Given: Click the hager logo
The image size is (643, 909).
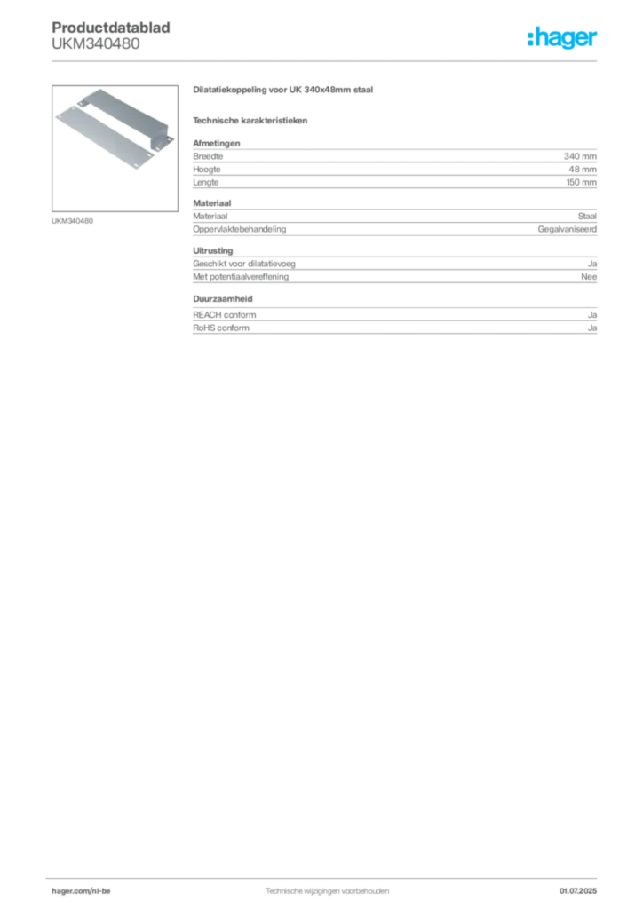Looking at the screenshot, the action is [x=561, y=38].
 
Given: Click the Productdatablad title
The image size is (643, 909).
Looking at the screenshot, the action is [x=111, y=28].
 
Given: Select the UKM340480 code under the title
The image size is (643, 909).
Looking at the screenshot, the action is [x=96, y=43].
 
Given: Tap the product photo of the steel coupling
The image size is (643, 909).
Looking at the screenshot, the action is [x=115, y=148].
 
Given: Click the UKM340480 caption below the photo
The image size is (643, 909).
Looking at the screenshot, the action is [x=72, y=221].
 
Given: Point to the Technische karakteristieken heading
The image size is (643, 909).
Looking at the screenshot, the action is [x=250, y=121].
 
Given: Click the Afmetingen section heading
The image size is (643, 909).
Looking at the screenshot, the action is [x=217, y=143].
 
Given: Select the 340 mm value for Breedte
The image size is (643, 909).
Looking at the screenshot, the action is [x=580, y=156].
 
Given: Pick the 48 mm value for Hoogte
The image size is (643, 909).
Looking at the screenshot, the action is [x=582, y=170].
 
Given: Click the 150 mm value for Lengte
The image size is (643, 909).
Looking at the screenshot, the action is [x=581, y=182].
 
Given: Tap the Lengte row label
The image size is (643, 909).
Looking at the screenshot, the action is [x=206, y=182].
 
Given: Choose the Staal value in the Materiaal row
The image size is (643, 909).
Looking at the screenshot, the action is [x=587, y=217].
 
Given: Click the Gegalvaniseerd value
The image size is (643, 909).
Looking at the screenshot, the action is [x=567, y=229].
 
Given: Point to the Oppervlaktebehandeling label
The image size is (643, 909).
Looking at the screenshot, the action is [x=240, y=229].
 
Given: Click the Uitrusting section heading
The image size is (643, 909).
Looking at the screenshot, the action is [x=213, y=250].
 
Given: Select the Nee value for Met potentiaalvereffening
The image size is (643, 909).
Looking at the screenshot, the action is [x=589, y=277].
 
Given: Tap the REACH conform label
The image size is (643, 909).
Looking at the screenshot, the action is [x=225, y=315].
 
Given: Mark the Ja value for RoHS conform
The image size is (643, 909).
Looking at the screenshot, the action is [x=592, y=328].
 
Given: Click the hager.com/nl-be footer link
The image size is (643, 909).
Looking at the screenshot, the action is [x=81, y=891].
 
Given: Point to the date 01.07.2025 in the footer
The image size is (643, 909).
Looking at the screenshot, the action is [x=577, y=891].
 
